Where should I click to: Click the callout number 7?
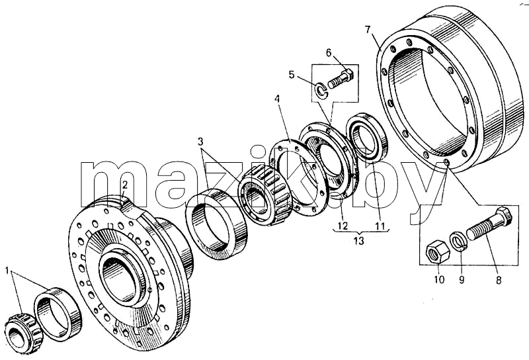click(x=368, y=30)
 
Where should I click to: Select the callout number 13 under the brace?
click(x=358, y=241)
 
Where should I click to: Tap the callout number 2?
click(x=125, y=185)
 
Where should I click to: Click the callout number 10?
click(x=439, y=279)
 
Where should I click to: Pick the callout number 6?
click(x=329, y=53)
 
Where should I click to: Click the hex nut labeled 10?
click(x=438, y=251)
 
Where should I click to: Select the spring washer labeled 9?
click(x=459, y=241)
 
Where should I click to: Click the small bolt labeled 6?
click(x=340, y=79)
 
